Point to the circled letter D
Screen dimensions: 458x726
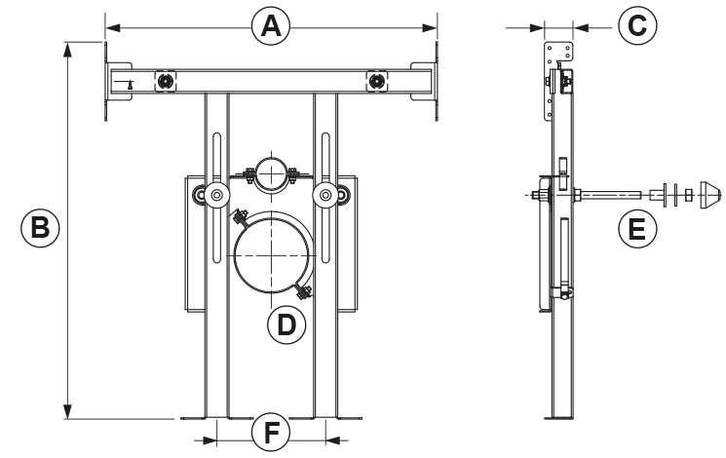click(286, 324)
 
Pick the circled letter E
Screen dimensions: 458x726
click(636, 230)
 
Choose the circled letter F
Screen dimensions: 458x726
click(271, 432)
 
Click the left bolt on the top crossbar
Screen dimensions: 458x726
click(167, 80)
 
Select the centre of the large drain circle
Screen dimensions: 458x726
click(272, 252)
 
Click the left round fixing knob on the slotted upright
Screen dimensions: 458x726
click(213, 196)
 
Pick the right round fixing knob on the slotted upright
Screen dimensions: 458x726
click(325, 196)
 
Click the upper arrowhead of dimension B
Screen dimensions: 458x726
click(68, 49)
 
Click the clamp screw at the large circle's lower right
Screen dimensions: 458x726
click(303, 288)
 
